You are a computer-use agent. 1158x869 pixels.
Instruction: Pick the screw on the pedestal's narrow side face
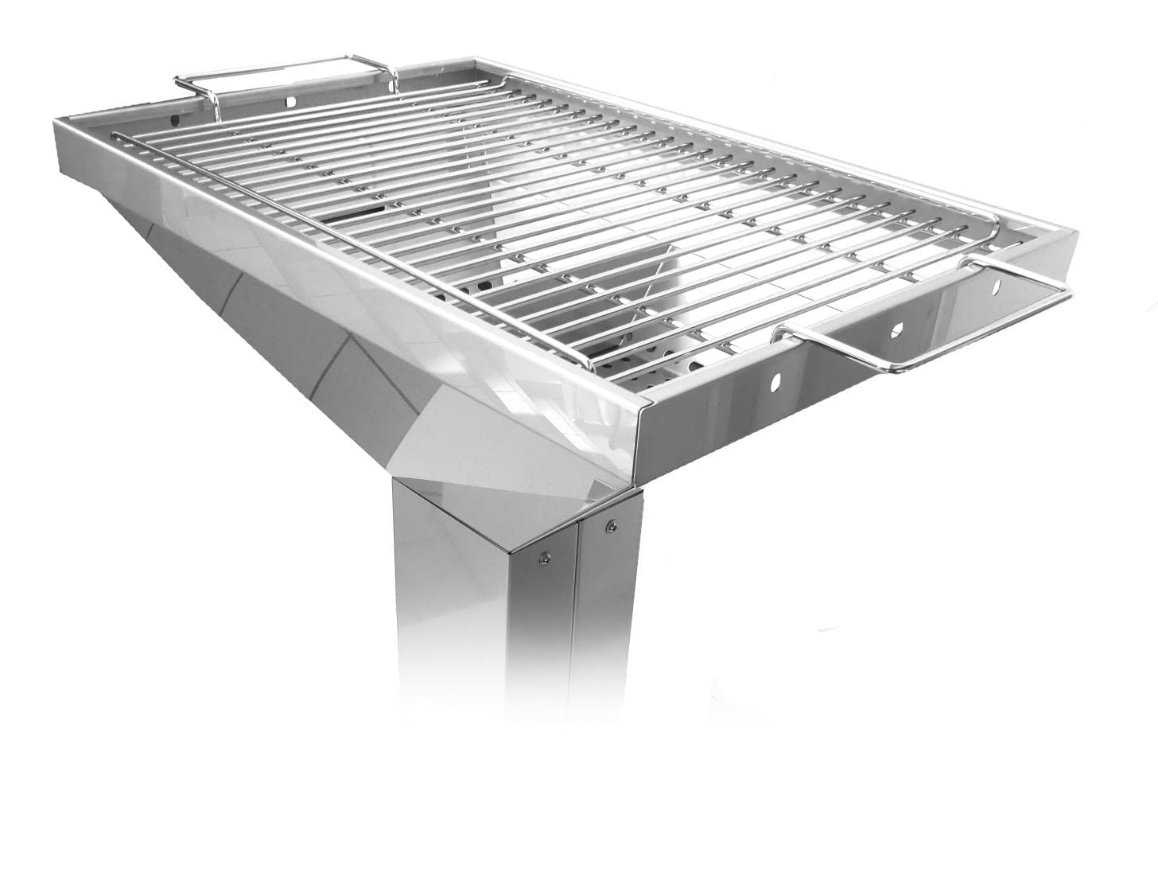click(x=610, y=524)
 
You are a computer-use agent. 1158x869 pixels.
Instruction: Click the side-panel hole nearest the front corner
click(x=775, y=382)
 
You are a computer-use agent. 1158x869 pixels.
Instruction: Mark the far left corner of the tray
click(x=56, y=121)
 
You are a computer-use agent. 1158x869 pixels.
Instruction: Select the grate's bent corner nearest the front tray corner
click(x=589, y=366)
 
